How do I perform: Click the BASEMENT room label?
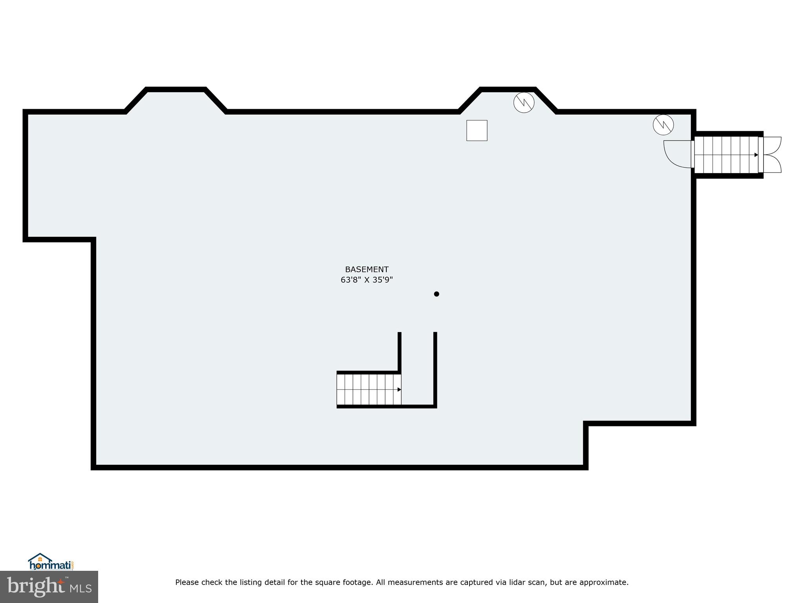click(367, 270)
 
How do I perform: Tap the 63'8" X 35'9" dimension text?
click(367, 280)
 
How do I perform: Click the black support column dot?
click(436, 294)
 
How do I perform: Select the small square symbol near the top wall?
click(477, 130)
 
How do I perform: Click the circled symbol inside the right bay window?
click(524, 102)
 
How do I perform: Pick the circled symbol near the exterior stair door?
click(663, 124)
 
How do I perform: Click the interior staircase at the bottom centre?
click(368, 389)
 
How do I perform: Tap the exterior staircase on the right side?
click(726, 155)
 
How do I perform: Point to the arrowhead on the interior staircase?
click(399, 390)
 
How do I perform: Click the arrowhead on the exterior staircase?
click(756, 155)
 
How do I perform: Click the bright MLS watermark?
click(49, 587)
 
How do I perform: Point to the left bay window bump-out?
click(175, 100)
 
